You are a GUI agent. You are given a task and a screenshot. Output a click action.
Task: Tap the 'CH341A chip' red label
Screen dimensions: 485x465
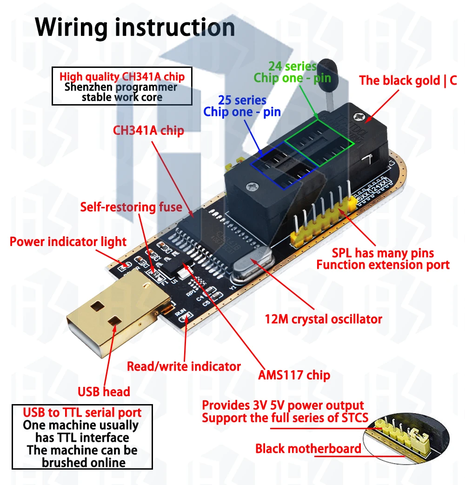click(x=148, y=131)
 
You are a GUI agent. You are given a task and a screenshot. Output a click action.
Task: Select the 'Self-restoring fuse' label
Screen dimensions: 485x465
click(x=131, y=206)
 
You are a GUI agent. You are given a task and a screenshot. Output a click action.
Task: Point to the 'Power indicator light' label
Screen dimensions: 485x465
click(x=68, y=242)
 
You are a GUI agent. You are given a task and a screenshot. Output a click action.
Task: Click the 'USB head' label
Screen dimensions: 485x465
click(x=104, y=392)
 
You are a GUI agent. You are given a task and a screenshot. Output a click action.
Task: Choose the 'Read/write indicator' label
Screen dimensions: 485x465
click(x=184, y=366)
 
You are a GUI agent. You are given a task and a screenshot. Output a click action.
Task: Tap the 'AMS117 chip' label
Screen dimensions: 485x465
click(x=294, y=375)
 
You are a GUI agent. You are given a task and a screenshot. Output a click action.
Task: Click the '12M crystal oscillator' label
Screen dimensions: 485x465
click(x=323, y=319)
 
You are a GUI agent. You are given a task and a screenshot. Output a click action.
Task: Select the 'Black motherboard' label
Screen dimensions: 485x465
click(x=308, y=449)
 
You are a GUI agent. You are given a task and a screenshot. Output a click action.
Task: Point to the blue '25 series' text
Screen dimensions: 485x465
click(x=242, y=100)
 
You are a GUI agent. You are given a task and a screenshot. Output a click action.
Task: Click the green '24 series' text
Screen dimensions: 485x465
click(x=292, y=66)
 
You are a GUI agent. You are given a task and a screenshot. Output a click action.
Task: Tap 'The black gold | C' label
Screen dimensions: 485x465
click(x=408, y=80)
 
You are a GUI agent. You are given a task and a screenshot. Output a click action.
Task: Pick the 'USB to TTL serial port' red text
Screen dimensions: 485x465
click(x=82, y=412)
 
